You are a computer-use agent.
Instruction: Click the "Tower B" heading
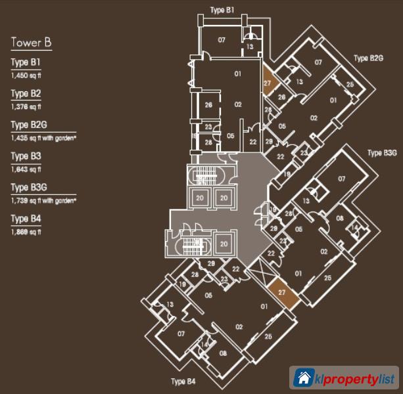coord(31,44)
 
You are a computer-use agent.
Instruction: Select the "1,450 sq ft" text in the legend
coord(25,76)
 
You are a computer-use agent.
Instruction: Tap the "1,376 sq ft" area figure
coord(25,107)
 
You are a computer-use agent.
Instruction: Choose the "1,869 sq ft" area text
coord(25,232)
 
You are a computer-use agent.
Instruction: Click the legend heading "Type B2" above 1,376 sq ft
coord(26,94)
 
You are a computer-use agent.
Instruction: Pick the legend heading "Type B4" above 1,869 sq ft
coord(26,219)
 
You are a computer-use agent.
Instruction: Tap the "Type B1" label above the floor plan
coord(222,11)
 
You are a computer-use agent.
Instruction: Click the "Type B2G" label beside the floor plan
coord(368,58)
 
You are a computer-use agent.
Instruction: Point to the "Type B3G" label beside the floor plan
coord(382,153)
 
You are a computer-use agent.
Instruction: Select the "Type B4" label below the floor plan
coord(183,382)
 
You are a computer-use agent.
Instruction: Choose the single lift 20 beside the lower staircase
coord(224,244)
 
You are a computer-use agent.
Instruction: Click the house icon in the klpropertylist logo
coord(304,378)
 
